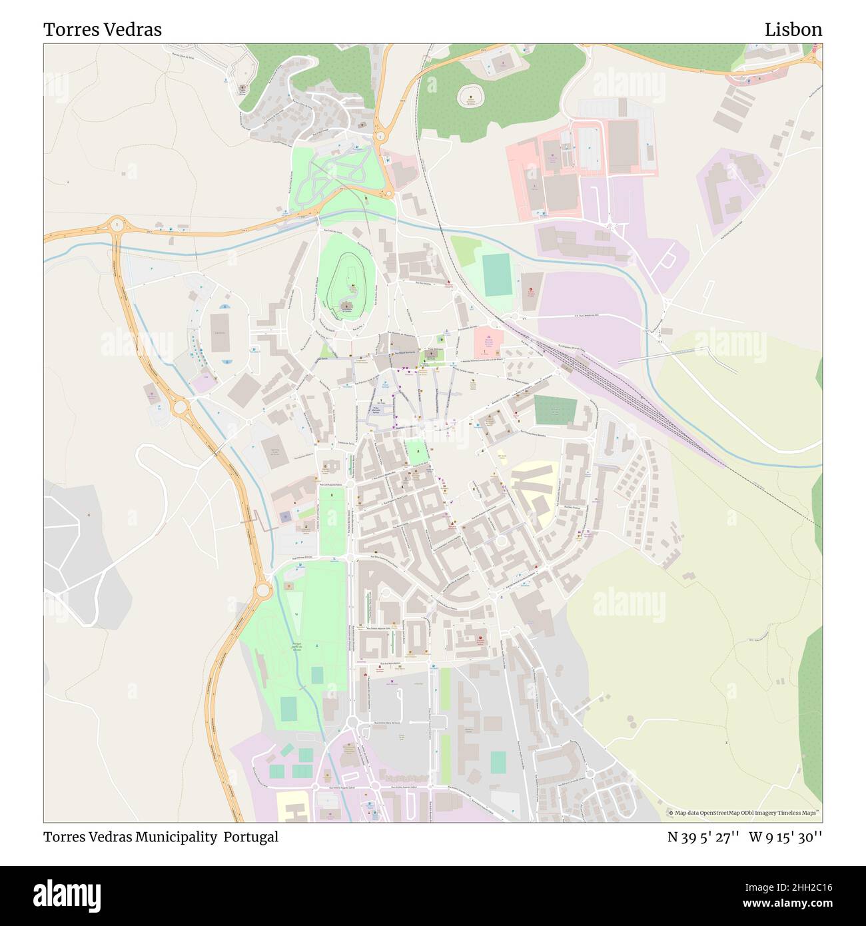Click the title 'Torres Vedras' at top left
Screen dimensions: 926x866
(103, 30)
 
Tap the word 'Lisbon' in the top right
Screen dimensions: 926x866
(793, 30)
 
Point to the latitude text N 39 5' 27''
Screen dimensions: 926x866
(703, 837)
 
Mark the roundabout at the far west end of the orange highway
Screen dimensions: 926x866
(117, 225)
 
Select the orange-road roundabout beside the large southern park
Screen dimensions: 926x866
(262, 589)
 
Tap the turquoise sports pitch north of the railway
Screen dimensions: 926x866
(494, 274)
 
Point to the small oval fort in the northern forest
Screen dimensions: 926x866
(471, 96)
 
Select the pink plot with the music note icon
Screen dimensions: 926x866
(488, 340)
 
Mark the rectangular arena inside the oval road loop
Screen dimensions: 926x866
(219, 332)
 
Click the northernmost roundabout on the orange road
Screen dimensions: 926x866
(380, 137)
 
